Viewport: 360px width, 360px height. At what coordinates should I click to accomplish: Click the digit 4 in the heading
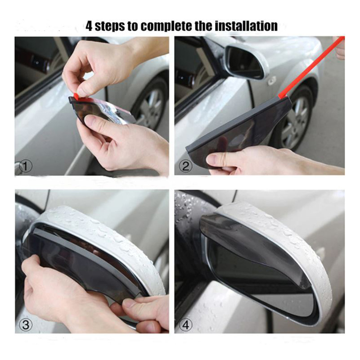pos(89,26)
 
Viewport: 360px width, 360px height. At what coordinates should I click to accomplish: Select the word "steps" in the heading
pos(110,27)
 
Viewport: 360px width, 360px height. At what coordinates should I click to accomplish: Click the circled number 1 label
pos(25,166)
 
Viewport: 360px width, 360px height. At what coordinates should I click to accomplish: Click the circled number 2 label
pos(185,166)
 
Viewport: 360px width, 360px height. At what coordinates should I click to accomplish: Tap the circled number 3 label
pos(25,325)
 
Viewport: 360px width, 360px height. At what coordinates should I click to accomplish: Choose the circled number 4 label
pos(185,325)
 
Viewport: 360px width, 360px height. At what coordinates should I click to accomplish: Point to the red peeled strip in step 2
pos(311,67)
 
